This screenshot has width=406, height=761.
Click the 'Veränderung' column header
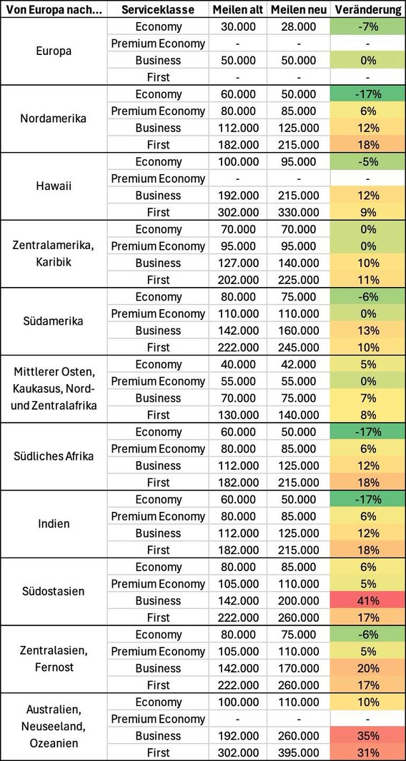368,10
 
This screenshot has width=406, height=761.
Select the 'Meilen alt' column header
238,10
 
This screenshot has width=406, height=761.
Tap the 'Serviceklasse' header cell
158,10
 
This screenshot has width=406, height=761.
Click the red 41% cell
368,601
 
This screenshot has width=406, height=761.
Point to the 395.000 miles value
299,752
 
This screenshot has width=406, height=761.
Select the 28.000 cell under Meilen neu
299,27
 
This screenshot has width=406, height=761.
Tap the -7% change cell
368,27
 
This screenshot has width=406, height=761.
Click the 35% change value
368,736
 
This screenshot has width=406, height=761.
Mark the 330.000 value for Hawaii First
299,213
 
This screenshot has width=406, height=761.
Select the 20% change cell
368,668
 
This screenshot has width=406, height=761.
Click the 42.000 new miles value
299,365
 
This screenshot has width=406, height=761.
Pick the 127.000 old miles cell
238,263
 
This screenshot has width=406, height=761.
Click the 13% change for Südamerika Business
368,331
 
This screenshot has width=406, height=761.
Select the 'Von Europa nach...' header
54,10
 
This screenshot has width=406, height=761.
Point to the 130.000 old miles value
238,415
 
